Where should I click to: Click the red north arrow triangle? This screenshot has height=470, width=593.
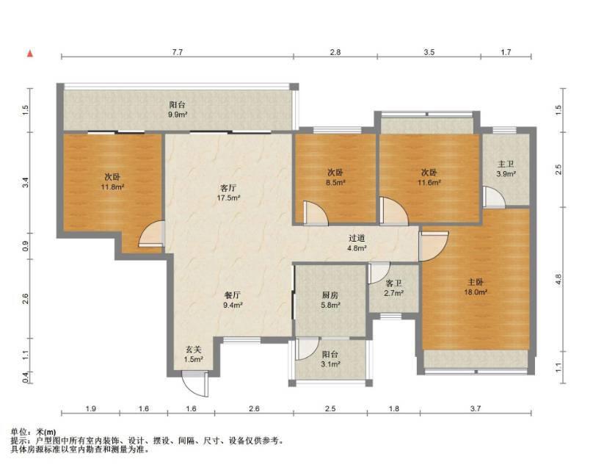[30, 54]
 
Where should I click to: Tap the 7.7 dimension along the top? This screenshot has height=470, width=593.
[178, 52]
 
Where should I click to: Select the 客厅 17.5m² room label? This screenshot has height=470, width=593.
[228, 192]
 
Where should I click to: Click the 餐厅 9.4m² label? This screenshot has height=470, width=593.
[233, 300]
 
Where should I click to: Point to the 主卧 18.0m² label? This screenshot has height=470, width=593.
[476, 287]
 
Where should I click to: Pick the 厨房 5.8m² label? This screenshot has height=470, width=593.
[330, 300]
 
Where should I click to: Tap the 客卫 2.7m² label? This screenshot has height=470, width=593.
[393, 288]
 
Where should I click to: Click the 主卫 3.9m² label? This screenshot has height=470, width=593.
[506, 169]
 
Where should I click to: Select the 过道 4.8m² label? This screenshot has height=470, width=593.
[357, 243]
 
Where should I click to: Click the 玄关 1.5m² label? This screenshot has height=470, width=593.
[194, 355]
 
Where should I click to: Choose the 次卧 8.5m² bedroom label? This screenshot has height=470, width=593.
[335, 177]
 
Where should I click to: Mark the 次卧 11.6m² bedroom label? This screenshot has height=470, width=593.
[429, 177]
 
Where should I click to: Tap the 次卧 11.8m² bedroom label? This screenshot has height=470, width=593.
[113, 181]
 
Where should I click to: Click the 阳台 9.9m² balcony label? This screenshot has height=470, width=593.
[178, 109]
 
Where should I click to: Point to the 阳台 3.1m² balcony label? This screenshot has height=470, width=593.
[330, 359]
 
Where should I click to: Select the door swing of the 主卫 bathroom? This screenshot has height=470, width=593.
[494, 197]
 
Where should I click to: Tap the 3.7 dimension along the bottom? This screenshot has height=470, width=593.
[476, 408]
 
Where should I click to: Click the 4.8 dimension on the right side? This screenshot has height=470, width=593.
[559, 279]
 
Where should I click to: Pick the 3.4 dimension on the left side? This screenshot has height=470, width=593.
[26, 183]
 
